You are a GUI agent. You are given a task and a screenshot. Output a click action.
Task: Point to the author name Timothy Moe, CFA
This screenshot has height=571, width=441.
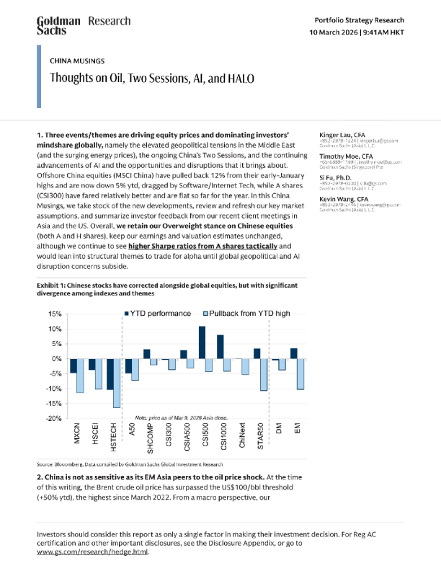point(346,156)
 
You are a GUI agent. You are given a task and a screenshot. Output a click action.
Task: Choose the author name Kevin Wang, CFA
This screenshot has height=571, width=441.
point(344,198)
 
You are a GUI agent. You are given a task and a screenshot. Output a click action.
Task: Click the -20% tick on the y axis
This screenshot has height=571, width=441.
point(54,418)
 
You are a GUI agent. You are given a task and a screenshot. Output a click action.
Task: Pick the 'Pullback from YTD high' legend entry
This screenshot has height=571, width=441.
point(230,314)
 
